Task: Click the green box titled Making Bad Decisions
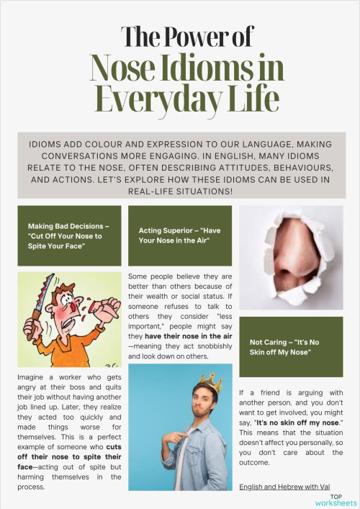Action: coord(69,235)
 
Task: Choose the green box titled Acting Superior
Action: coord(179,235)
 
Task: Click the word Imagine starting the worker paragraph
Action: coord(33,378)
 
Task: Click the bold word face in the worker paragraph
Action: coord(26,466)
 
